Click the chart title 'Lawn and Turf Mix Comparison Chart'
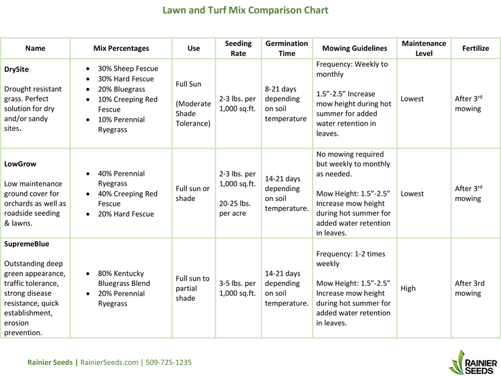point(245,10)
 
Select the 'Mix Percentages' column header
point(121,48)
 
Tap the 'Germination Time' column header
point(287,48)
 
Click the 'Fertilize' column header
point(476,48)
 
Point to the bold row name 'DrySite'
point(16,69)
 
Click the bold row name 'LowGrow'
point(20,164)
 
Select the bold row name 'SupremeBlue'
point(27,244)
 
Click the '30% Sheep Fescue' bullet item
point(128,68)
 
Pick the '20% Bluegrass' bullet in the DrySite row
point(122,89)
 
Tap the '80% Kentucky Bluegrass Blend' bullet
point(124,278)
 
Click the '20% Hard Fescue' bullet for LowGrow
point(126,214)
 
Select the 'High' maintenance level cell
point(408,288)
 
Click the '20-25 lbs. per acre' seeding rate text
point(235,208)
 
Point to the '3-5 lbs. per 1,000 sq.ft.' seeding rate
point(237,288)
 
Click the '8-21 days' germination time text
point(281,89)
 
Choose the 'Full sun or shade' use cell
point(192,194)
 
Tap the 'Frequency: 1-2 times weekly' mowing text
point(351,258)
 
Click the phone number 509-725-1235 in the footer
point(168,362)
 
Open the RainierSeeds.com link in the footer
point(109,362)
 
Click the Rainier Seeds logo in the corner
point(473,362)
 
